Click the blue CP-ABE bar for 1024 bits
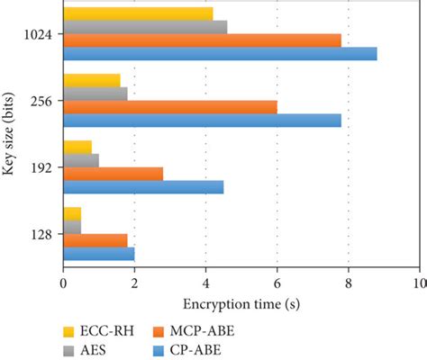pyautogui.click(x=219, y=54)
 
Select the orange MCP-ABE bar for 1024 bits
pyautogui.click(x=201, y=40)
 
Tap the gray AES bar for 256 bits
pyautogui.click(x=95, y=93)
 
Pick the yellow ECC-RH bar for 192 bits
pyautogui.click(x=77, y=146)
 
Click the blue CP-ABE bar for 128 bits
pyautogui.click(x=98, y=253)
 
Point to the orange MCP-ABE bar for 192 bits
pyautogui.click(x=113, y=173)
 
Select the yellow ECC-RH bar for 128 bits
pyautogui.click(x=71, y=213)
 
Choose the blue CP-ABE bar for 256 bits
pyautogui.click(x=201, y=120)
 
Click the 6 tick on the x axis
pyautogui.click(x=277, y=283)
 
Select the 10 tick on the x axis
pyautogui.click(x=417, y=283)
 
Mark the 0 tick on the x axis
pyautogui.click(x=63, y=283)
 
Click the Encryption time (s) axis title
pyautogui.click(x=241, y=304)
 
